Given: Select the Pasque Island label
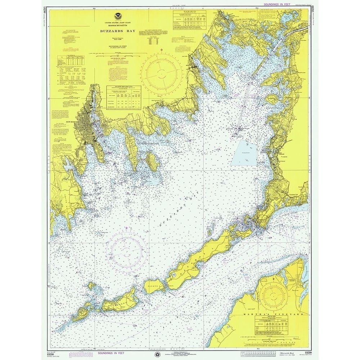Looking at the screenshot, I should [x=154, y=286].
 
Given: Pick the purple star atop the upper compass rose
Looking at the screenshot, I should [x=162, y=49].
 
